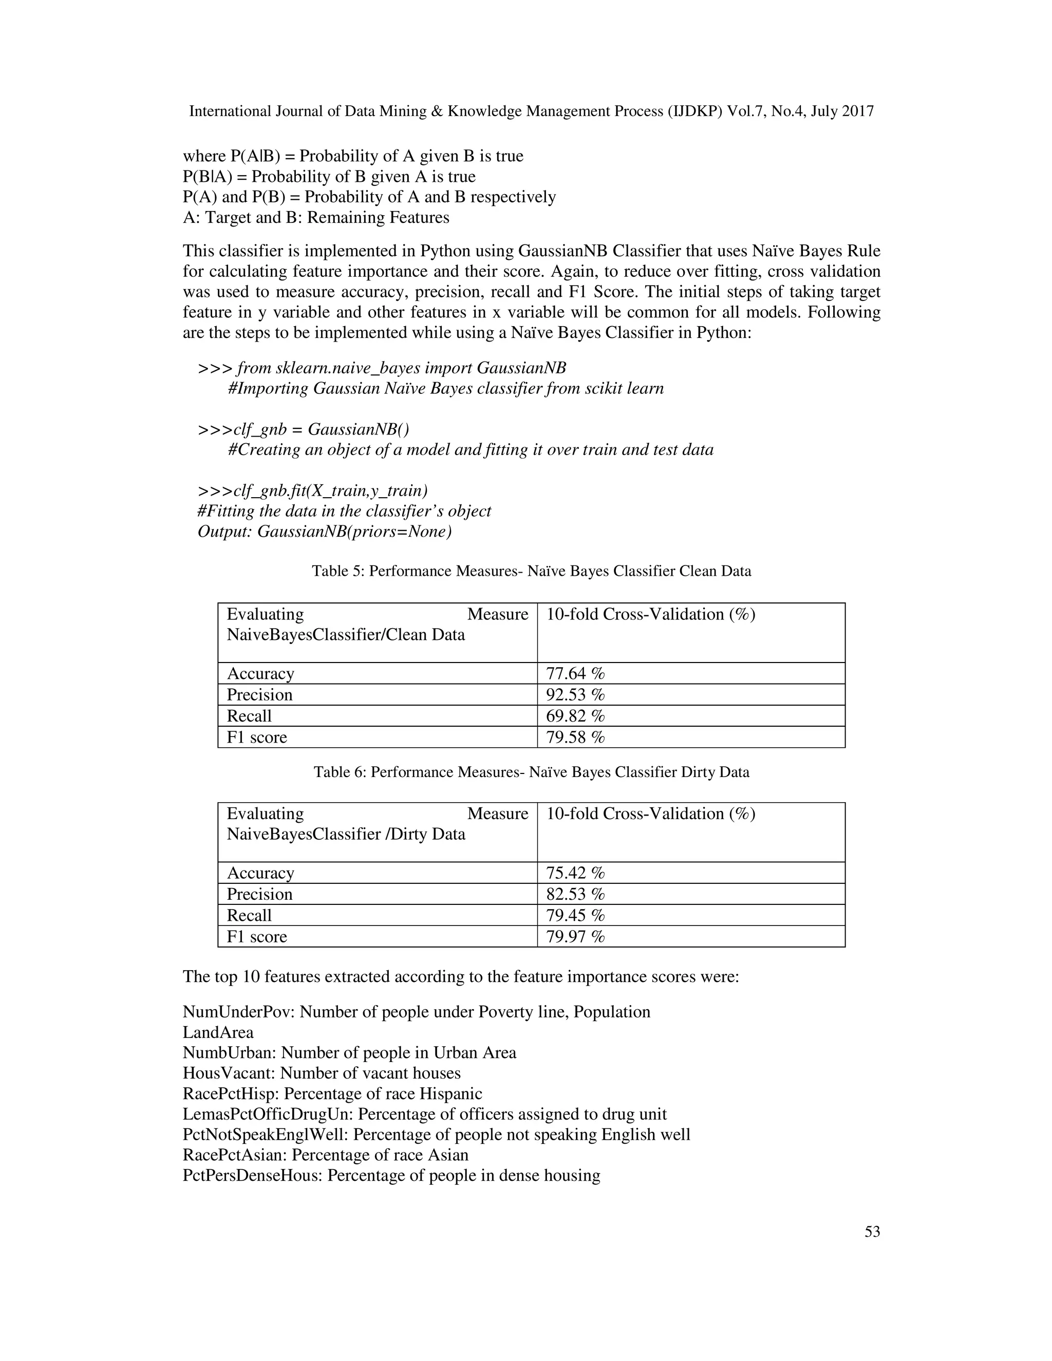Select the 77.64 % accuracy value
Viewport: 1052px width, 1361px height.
pyautogui.click(x=575, y=674)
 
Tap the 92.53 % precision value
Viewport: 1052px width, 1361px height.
pyautogui.click(x=575, y=695)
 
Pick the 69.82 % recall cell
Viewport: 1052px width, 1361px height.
pyautogui.click(x=575, y=716)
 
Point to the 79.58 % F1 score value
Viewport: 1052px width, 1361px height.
pyautogui.click(x=575, y=737)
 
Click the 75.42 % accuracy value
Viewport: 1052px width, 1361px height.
pyautogui.click(x=575, y=873)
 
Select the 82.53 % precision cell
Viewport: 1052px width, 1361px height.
pyautogui.click(x=575, y=894)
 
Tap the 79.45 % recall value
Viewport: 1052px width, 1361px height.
pyautogui.click(x=575, y=915)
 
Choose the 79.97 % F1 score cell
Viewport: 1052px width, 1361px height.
pyautogui.click(x=575, y=937)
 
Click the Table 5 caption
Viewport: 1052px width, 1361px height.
pyautogui.click(x=531, y=571)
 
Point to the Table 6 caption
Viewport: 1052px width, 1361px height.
pyautogui.click(x=531, y=772)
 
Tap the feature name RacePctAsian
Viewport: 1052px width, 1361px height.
pyautogui.click(x=234, y=1155)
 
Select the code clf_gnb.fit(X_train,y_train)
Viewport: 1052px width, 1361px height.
pyautogui.click(x=312, y=491)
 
